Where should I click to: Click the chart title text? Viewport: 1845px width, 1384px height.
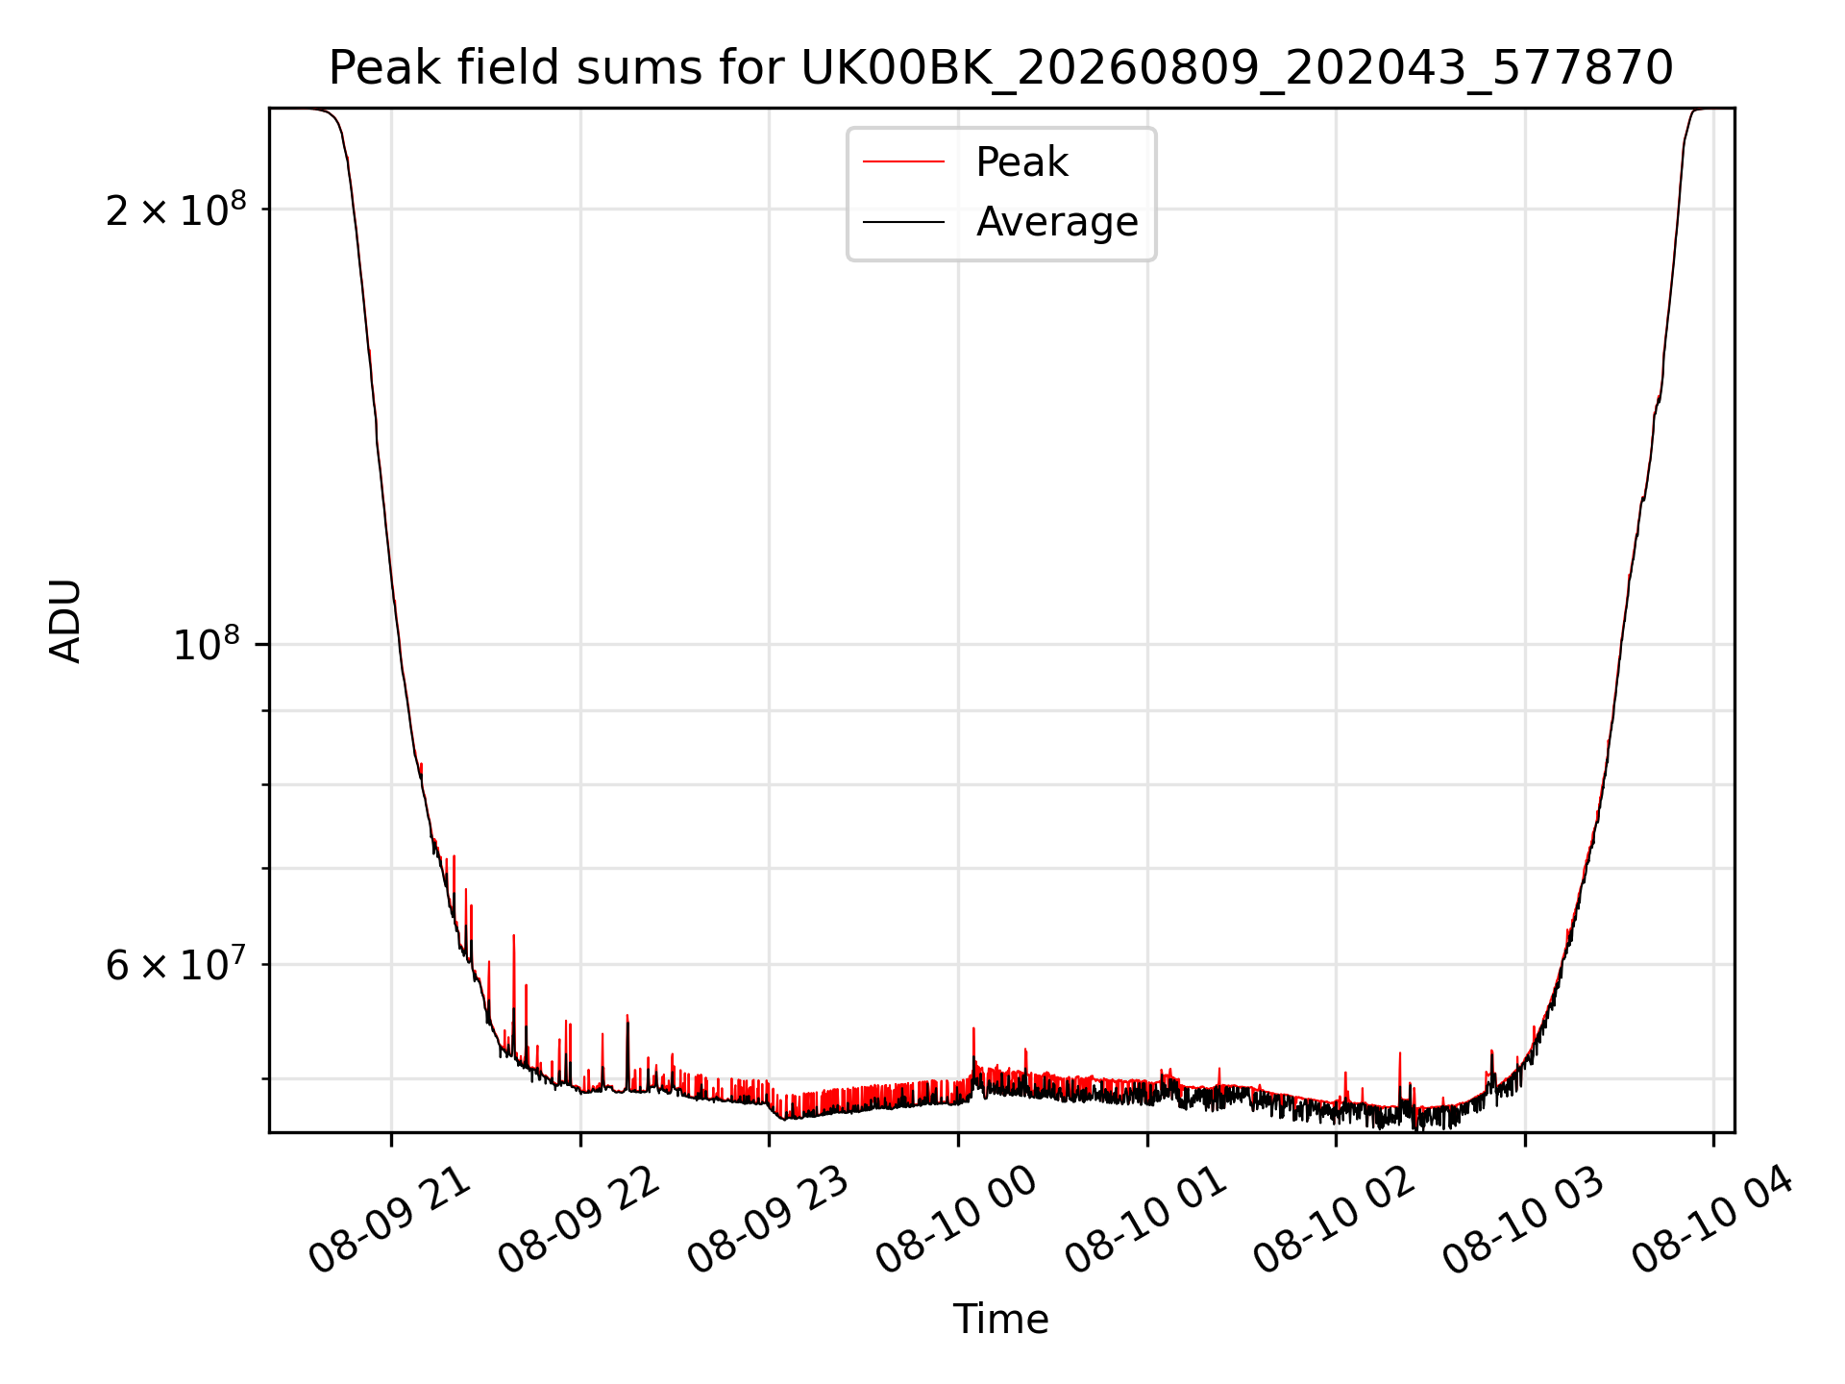click(1000, 68)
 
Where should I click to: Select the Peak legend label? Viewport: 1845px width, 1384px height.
click(1021, 162)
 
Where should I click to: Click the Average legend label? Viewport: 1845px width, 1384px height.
click(1057, 222)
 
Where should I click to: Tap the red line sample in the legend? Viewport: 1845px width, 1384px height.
click(903, 162)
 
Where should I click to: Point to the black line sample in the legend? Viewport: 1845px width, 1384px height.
click(903, 222)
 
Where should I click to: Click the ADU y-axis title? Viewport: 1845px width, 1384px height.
click(65, 620)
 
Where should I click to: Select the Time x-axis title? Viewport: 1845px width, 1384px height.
click(1000, 1320)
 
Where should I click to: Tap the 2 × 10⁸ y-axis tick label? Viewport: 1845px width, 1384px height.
click(176, 210)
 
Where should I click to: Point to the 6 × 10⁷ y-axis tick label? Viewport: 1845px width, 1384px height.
click(176, 964)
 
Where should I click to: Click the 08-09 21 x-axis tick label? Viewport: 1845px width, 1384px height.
click(390, 1222)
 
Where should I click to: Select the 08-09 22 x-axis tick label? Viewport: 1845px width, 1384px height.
click(579, 1222)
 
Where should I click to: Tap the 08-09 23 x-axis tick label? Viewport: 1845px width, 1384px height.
click(769, 1222)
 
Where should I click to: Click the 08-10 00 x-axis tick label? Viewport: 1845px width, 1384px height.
click(957, 1222)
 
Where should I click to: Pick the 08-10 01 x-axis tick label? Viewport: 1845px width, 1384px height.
click(1146, 1222)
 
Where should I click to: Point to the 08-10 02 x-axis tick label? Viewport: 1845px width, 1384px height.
click(1336, 1222)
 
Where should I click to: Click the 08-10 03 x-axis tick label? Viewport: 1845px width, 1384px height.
click(1524, 1222)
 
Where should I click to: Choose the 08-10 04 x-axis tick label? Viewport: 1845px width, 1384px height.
click(1713, 1222)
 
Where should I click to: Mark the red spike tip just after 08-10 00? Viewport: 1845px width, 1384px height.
click(973, 1028)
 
